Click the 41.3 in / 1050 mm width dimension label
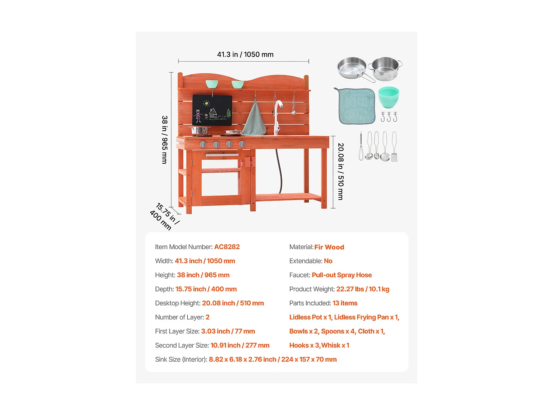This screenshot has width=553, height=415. [x=245, y=55]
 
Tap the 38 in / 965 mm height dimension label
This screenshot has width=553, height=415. [x=164, y=140]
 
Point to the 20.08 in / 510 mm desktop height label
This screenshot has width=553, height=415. [x=341, y=172]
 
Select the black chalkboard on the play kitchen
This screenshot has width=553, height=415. [x=212, y=110]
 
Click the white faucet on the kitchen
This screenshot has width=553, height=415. [x=278, y=118]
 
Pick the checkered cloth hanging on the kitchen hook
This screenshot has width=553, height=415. [x=254, y=118]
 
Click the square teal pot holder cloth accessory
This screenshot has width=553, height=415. [x=355, y=106]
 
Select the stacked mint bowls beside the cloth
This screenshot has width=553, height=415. [x=389, y=97]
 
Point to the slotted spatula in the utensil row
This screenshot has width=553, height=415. [x=394, y=147]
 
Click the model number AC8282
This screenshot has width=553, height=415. [x=227, y=247]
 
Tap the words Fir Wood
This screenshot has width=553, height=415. [x=329, y=247]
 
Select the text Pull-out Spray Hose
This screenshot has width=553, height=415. [x=342, y=275]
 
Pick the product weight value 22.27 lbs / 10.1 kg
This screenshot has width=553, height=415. [x=362, y=289]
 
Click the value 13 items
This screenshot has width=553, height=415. [x=345, y=303]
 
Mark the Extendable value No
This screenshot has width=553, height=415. [x=328, y=261]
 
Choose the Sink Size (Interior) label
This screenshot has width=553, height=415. [x=181, y=360]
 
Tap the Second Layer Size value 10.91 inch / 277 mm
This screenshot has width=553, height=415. [x=240, y=345]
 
